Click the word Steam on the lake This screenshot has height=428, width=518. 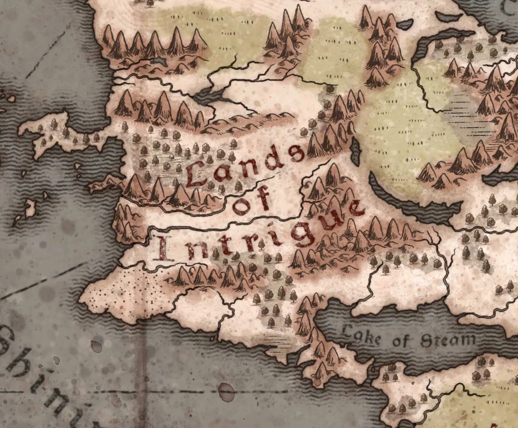coord(448,340)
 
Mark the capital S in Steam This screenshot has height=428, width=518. coord(426,341)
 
